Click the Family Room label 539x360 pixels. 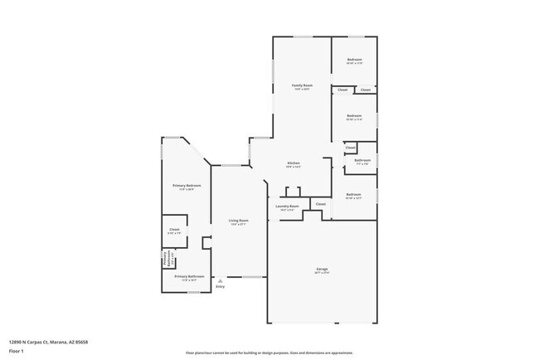tap(301, 85)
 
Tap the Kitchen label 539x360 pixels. tap(294, 163)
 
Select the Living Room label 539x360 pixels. tap(239, 220)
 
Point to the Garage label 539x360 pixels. tap(322, 269)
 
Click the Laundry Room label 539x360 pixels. tap(288, 206)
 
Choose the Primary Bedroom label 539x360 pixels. tap(187, 185)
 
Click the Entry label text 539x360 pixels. tap(220, 286)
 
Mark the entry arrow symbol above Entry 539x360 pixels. tap(220, 280)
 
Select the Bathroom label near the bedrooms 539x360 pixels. tap(362, 160)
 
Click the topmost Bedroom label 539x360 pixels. tap(354, 60)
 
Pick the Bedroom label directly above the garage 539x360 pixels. tap(353, 194)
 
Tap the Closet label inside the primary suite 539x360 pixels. tap(174, 229)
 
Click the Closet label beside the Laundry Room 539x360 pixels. tap(320, 203)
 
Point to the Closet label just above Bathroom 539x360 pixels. tap(351, 147)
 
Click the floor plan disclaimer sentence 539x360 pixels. tap(269, 353)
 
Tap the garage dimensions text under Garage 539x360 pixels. tap(322, 273)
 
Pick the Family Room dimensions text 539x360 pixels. tap(301, 90)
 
